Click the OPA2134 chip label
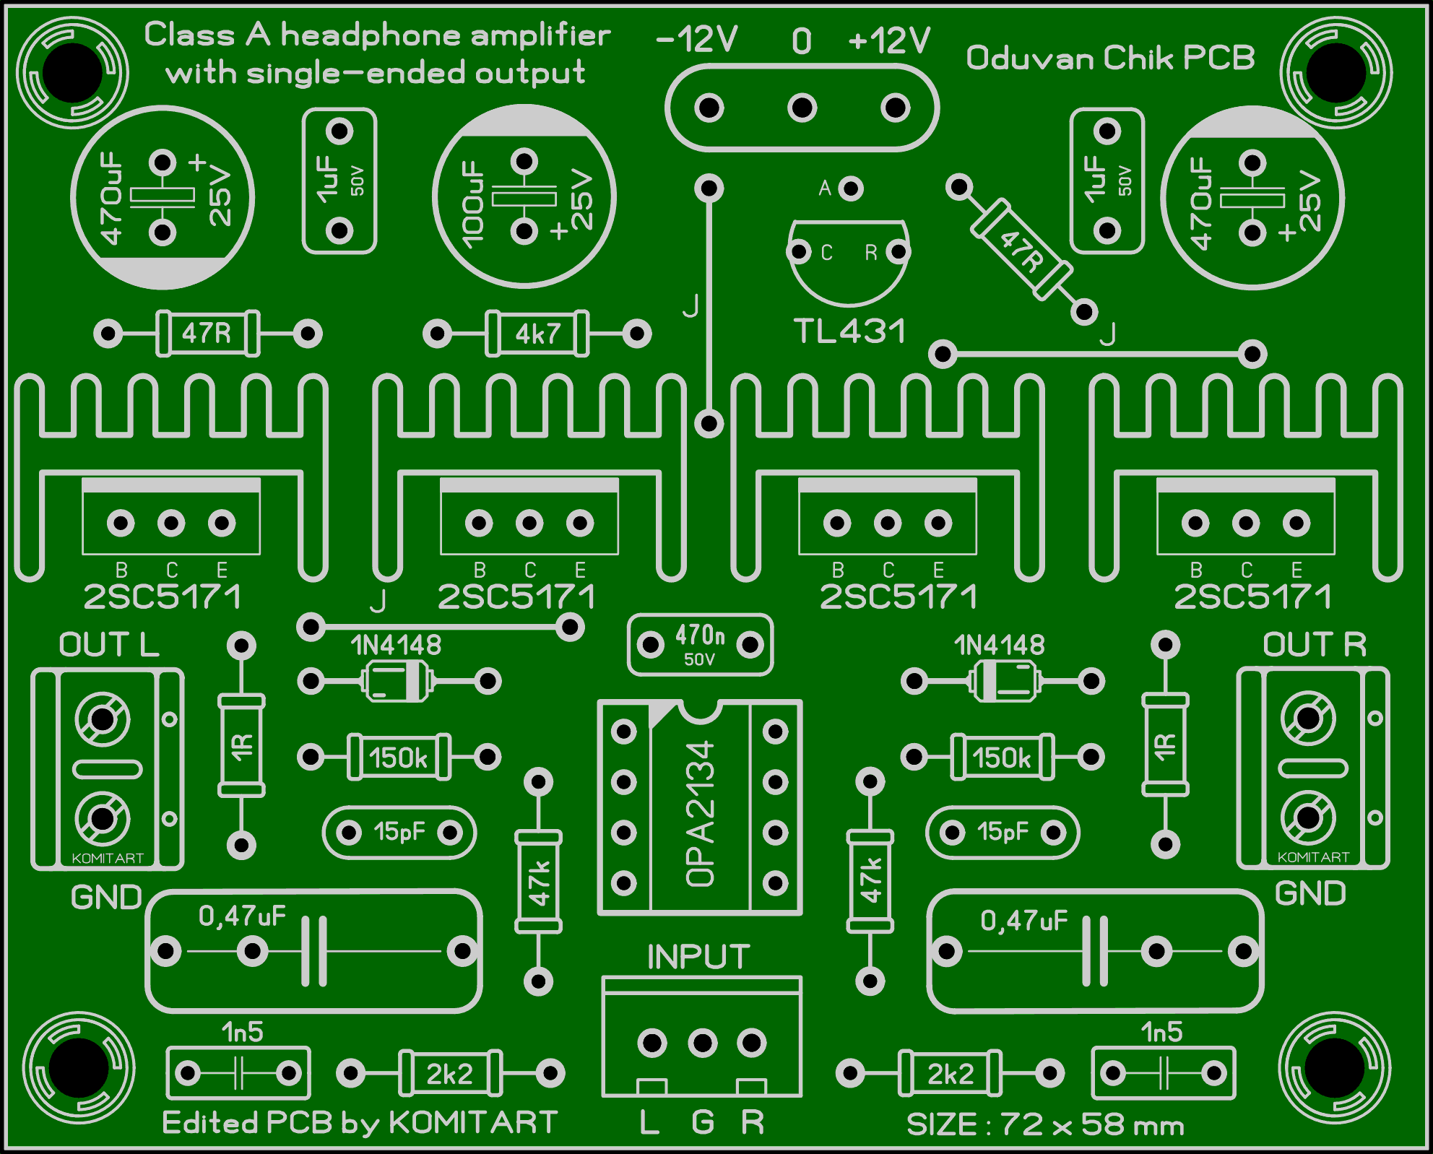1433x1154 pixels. [x=700, y=813]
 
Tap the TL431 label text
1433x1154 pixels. [x=849, y=331]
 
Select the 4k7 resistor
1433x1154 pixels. [x=537, y=334]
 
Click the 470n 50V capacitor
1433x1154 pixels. [x=700, y=645]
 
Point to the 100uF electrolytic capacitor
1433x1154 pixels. [x=524, y=196]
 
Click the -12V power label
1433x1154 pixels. [x=697, y=40]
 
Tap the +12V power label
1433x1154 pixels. [x=889, y=40]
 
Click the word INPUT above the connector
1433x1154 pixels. [x=698, y=957]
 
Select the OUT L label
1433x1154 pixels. [x=109, y=645]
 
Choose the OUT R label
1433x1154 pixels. [x=1315, y=645]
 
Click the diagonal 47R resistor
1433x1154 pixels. [x=1021, y=250]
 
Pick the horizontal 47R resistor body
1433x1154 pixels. [x=207, y=334]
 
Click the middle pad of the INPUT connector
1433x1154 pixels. [x=702, y=1043]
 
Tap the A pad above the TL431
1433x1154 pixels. [x=852, y=188]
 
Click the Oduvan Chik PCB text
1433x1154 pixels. [x=1110, y=58]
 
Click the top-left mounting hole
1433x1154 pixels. [x=72, y=72]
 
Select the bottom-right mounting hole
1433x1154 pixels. [x=1335, y=1068]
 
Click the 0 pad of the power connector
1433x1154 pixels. [x=802, y=108]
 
